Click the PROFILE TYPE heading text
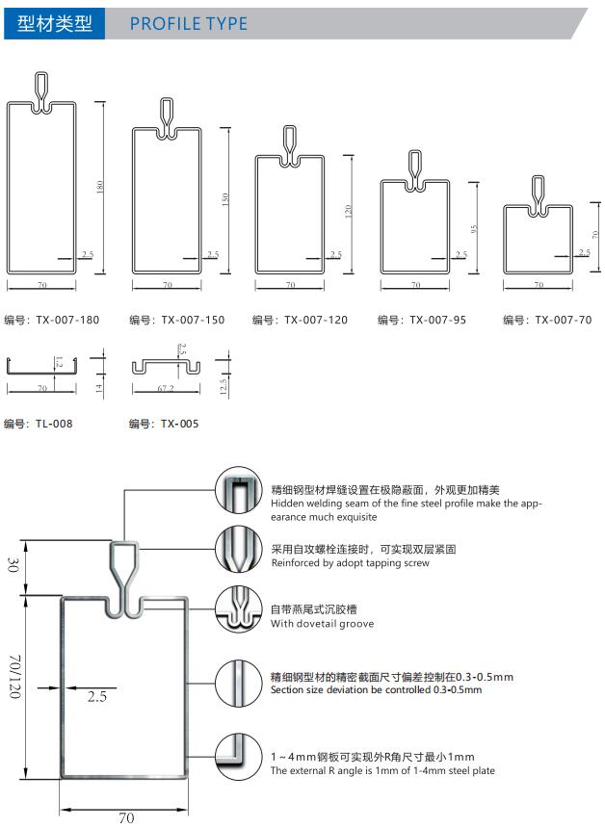[x=188, y=23]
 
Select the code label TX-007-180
[x=52, y=320]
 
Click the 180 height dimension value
[x=100, y=188]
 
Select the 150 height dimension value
[x=224, y=200]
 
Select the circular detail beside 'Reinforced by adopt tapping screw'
[x=238, y=551]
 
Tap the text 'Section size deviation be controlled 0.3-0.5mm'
[x=376, y=689]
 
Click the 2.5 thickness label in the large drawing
[x=95, y=695]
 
